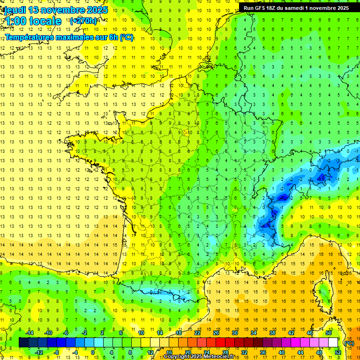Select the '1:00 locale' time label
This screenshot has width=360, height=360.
(x=32, y=21)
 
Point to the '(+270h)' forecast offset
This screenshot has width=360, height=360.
(x=83, y=21)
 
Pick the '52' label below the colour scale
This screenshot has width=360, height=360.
(x=338, y=352)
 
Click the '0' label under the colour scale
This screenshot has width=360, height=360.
(x=93, y=352)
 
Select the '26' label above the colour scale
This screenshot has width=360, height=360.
(x=216, y=332)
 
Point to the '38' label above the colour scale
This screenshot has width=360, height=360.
(x=272, y=332)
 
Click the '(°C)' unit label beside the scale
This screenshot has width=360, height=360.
(x=349, y=343)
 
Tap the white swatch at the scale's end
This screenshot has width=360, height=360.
(x=333, y=343)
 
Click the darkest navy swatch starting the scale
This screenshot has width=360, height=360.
(x=23, y=343)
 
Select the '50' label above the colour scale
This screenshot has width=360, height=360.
(x=329, y=332)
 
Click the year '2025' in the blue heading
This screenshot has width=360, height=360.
(x=96, y=10)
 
